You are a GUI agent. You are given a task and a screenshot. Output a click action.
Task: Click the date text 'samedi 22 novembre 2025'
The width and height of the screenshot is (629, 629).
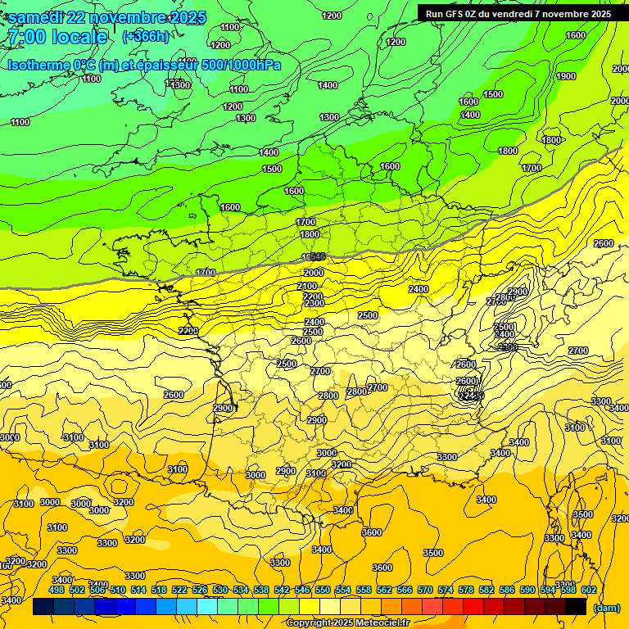[106, 17]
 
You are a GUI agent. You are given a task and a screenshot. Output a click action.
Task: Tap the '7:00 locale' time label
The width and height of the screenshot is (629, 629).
[57, 37]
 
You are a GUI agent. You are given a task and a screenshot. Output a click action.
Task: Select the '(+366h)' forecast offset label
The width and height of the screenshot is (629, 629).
[146, 37]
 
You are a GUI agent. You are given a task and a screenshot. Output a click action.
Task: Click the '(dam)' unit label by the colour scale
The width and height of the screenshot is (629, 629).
[606, 607]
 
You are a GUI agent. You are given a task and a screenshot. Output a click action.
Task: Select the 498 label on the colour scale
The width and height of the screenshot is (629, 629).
[57, 590]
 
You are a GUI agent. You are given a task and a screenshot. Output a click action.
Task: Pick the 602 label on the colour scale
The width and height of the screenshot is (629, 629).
[589, 590]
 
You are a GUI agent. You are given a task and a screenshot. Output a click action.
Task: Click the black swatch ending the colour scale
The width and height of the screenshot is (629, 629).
[576, 607]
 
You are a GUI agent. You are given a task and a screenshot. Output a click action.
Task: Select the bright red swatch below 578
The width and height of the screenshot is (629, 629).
[473, 607]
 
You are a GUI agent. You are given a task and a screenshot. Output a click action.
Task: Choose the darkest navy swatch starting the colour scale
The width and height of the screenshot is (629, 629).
[43, 607]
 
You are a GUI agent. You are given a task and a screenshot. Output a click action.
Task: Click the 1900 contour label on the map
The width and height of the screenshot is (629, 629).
[566, 76]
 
